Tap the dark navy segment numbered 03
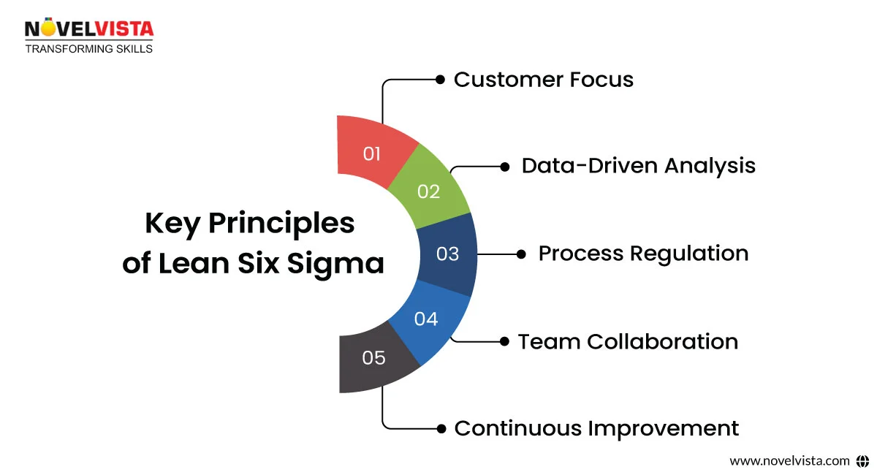coord(448,254)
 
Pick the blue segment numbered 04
coord(427,319)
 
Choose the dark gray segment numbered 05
coord(373,357)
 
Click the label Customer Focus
coord(543,79)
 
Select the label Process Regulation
coord(643,254)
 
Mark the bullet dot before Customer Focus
coord(440,79)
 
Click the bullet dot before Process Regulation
coord(521,254)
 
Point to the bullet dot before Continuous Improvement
coord(440,428)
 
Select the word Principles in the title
coord(281,224)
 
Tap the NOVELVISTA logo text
coord(89,28)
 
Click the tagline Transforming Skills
coord(89,49)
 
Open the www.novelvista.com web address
coord(789,460)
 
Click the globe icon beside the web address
coord(862,460)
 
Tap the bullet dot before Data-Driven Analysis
coord(504,167)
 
